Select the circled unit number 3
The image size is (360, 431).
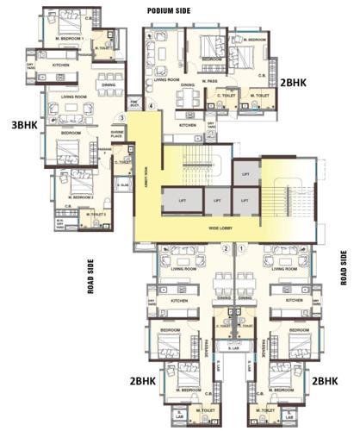(122, 118)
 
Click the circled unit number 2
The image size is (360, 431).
(227, 249)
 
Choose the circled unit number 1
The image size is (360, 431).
(242, 249)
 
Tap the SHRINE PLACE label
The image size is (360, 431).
(117, 134)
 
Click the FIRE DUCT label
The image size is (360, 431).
(135, 107)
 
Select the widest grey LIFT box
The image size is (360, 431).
(182, 201)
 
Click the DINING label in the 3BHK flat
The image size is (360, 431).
(109, 84)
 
